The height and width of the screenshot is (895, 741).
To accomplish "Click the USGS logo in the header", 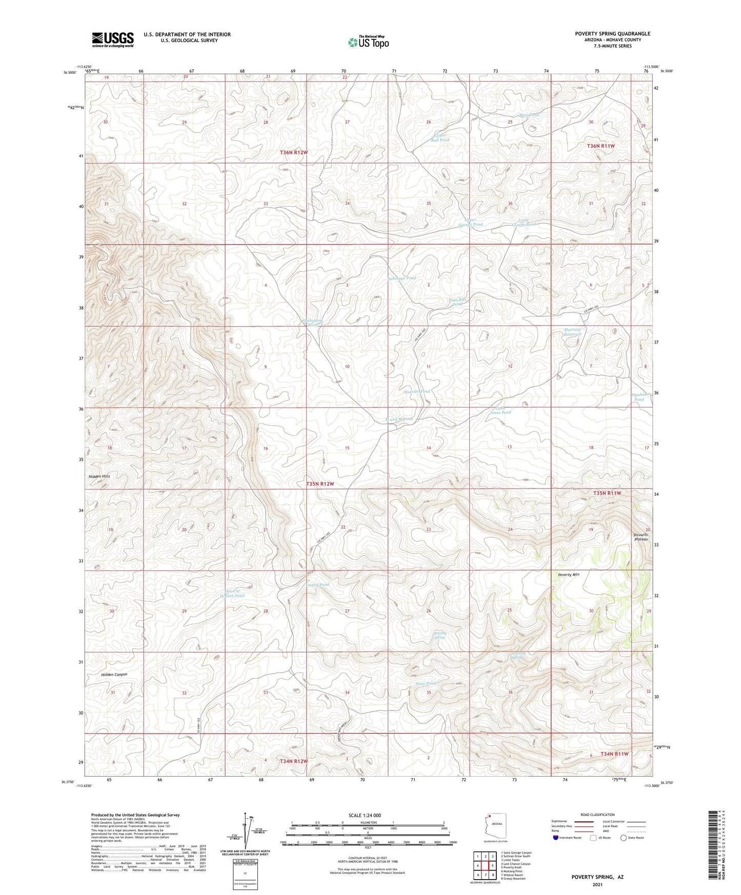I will (x=113, y=39).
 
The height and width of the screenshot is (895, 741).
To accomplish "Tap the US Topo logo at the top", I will (x=368, y=42).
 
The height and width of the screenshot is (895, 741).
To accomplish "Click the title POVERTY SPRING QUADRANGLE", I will (x=612, y=34).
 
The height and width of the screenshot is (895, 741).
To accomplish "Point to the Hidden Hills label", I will (x=99, y=476).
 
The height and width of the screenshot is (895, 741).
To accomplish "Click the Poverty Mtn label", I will (x=568, y=575).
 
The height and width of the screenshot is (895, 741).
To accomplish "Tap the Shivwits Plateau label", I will (x=641, y=536).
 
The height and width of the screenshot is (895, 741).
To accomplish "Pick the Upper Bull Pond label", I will (x=440, y=137).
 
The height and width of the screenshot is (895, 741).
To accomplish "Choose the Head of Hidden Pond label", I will (x=232, y=593).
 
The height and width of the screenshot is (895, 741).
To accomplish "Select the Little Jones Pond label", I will (x=500, y=410).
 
